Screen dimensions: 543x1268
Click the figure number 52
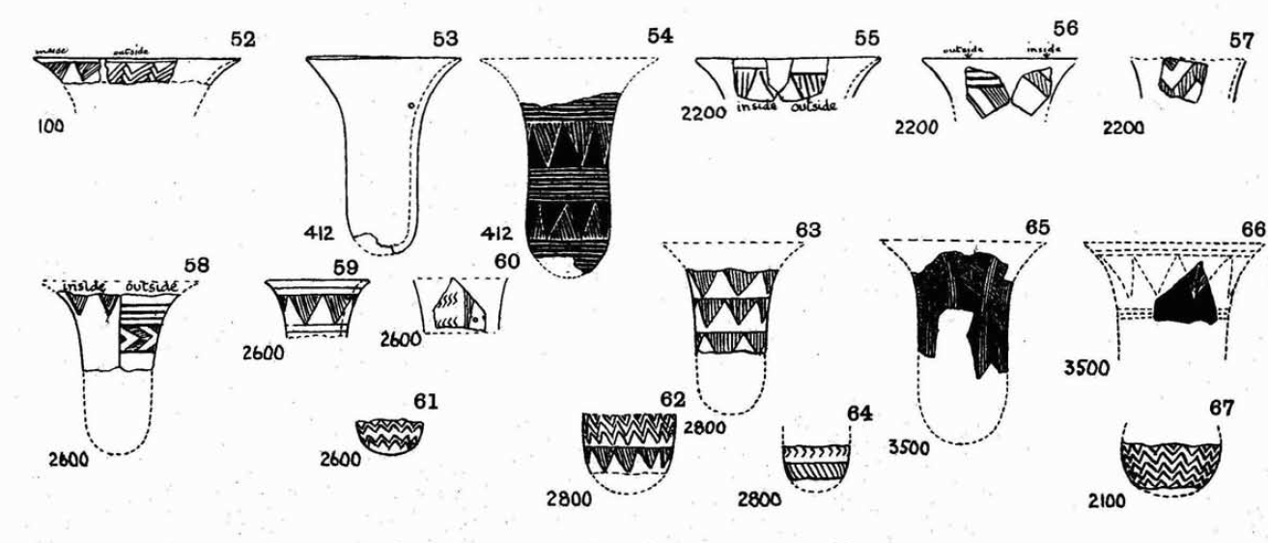pyautogui.click(x=242, y=40)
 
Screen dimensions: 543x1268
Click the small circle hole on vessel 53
pyautogui.click(x=411, y=105)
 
